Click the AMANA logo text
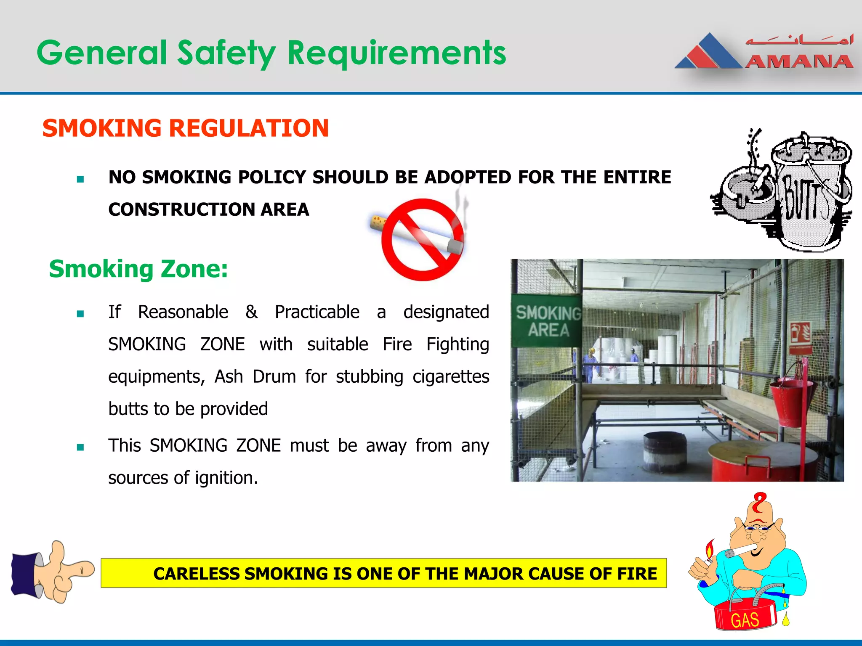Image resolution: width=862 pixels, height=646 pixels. pyautogui.click(x=799, y=62)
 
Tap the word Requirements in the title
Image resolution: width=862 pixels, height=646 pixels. pyautogui.click(x=396, y=53)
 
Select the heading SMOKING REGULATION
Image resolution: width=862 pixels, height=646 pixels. pyautogui.click(x=185, y=128)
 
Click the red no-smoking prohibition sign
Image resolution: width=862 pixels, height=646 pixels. pyautogui.click(x=422, y=239)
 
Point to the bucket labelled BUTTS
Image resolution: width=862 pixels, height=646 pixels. pyautogui.click(x=810, y=193)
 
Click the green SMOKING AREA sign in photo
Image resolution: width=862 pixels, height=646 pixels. pyautogui.click(x=548, y=321)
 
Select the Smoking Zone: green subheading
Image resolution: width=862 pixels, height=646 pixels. pyautogui.click(x=138, y=269)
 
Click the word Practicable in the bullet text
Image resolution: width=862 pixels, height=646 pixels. pyautogui.click(x=317, y=312)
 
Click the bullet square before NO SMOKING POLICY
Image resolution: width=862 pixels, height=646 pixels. pyautogui.click(x=80, y=180)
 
